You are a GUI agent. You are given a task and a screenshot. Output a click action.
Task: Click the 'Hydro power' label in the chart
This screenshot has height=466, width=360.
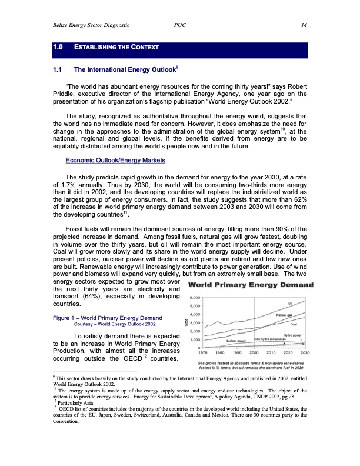pos(285,334)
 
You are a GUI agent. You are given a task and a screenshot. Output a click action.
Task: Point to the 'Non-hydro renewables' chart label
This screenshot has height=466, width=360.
pos(270,340)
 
